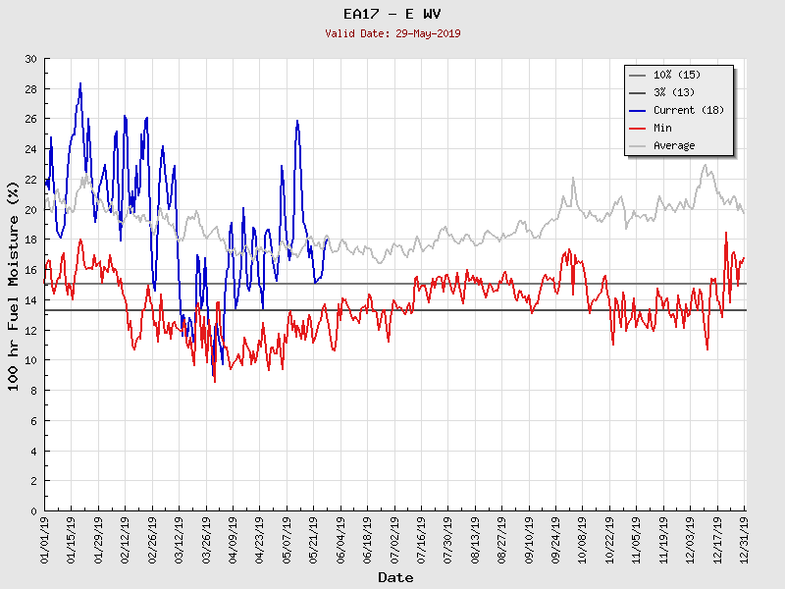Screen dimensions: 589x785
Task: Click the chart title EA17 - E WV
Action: click(392, 14)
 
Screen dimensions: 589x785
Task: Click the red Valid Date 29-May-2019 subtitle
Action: click(392, 33)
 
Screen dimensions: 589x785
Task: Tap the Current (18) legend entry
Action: click(688, 110)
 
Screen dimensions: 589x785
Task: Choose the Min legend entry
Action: click(662, 128)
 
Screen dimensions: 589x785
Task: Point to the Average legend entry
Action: click(674, 145)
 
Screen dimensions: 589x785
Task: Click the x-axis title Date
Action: click(395, 577)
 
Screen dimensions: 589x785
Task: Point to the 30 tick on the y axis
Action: click(29, 59)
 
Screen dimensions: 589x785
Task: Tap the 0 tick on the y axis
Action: click(32, 510)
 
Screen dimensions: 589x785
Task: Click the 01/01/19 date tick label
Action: click(45, 541)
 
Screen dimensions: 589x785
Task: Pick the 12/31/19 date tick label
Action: click(744, 541)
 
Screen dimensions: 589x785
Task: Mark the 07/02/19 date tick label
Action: click(394, 541)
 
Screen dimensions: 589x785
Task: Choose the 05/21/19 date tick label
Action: click(314, 541)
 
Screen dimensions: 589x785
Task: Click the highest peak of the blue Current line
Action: click(80, 83)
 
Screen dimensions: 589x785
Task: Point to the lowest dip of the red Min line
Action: click(215, 381)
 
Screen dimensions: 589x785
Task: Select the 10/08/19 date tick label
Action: click(582, 541)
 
